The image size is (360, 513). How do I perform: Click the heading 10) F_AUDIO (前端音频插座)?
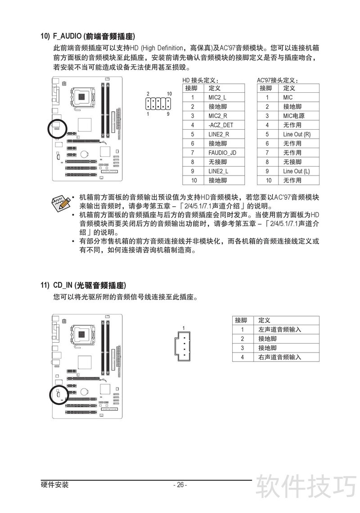[x=88, y=36]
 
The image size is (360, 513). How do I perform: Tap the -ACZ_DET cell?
[x=220, y=125]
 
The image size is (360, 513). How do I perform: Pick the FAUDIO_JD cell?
[x=222, y=153]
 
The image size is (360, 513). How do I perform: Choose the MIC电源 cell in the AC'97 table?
[x=294, y=116]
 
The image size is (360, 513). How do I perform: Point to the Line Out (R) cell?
[x=297, y=134]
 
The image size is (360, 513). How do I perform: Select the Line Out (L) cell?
[x=297, y=171]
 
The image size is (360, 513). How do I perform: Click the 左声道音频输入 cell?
[x=279, y=329]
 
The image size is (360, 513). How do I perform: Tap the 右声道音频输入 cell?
[x=279, y=357]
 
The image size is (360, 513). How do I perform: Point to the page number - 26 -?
[x=180, y=485]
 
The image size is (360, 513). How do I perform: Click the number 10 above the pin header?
[x=169, y=94]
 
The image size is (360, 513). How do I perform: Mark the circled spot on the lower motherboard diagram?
[x=58, y=395]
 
